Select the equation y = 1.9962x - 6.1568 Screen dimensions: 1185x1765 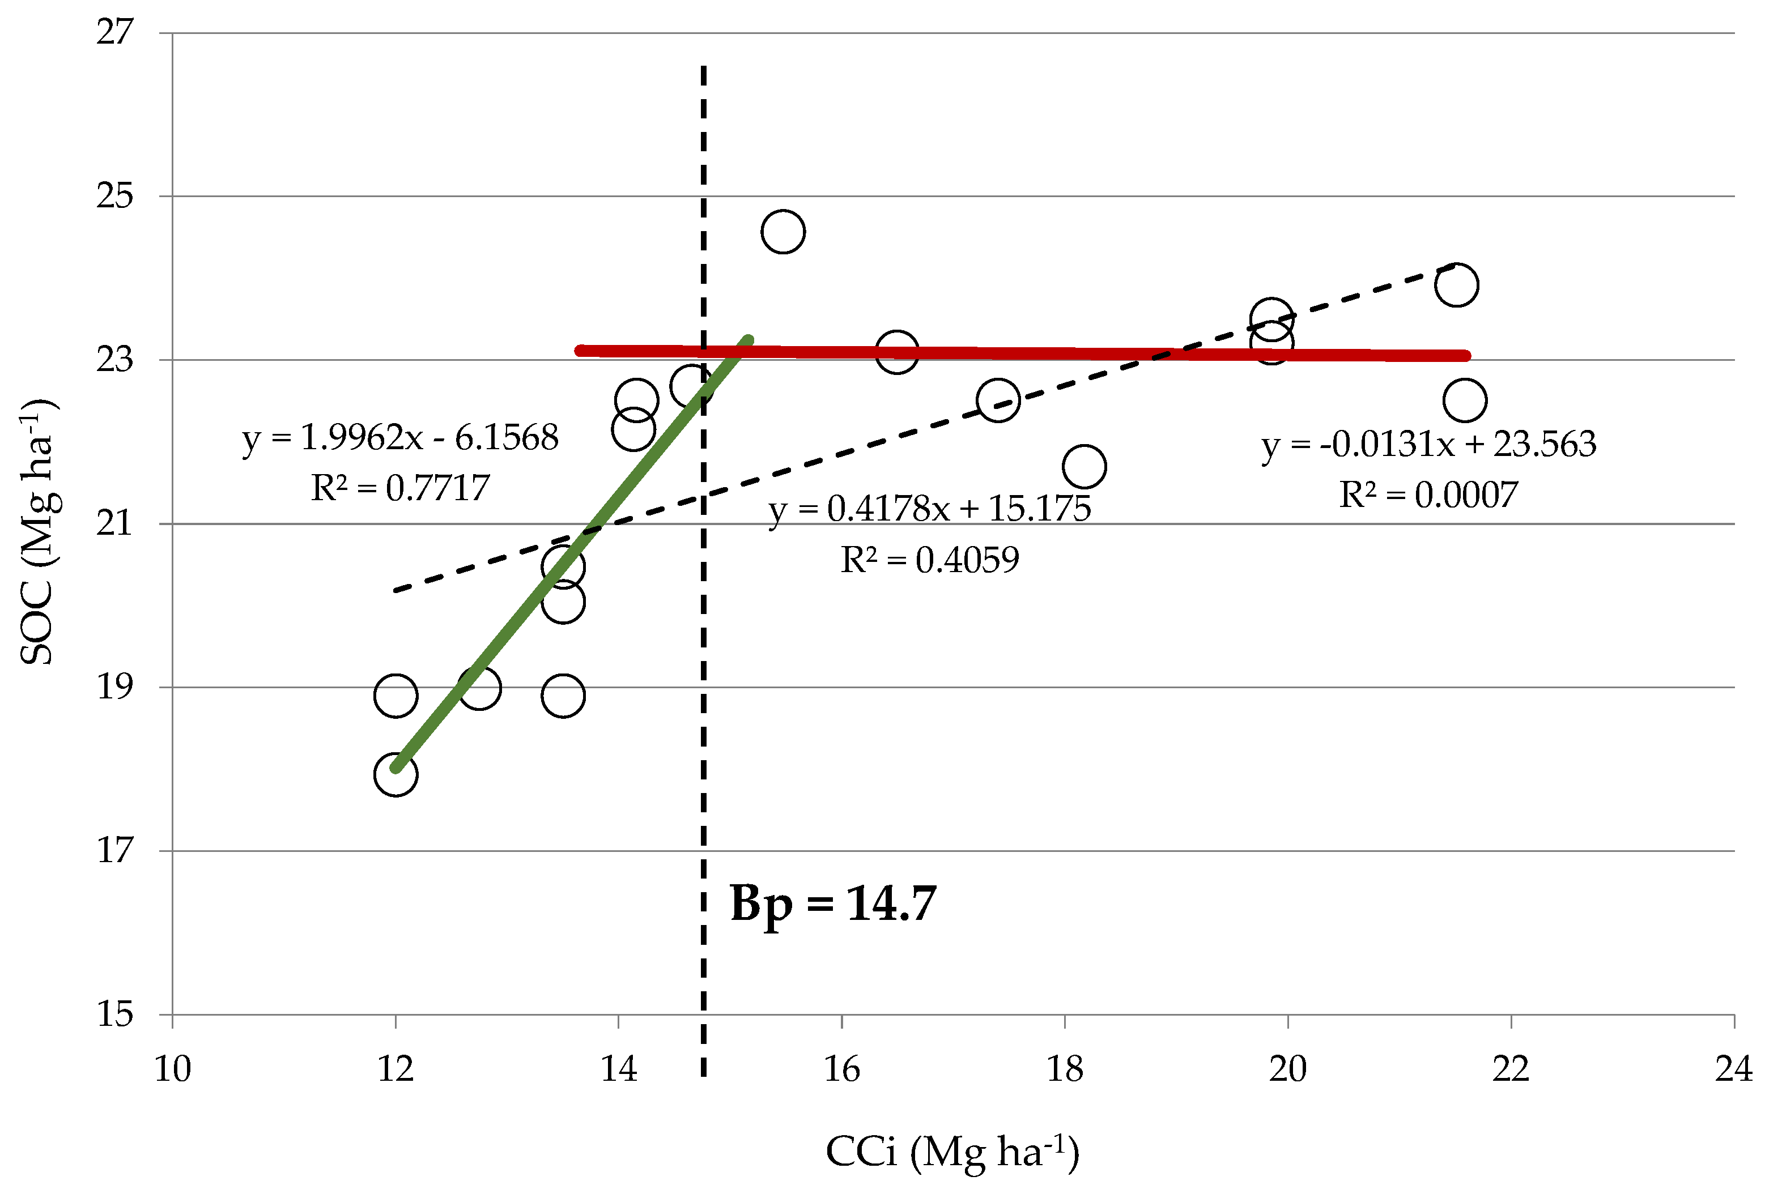coord(400,437)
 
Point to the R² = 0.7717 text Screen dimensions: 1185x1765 coord(400,488)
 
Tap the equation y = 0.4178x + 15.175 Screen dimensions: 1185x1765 coord(929,509)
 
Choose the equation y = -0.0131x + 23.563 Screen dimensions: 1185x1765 coord(1428,444)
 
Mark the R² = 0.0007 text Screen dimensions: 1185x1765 coord(1428,495)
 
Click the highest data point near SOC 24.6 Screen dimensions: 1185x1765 coord(783,231)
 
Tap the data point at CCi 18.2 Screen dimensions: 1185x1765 coord(1084,466)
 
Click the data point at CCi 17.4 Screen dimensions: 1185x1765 coord(998,400)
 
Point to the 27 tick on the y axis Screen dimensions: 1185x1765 coord(115,32)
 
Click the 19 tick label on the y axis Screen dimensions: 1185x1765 coord(115,687)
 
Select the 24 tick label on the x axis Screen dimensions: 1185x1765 coord(1733,1069)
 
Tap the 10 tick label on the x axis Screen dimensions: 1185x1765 coord(172,1069)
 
